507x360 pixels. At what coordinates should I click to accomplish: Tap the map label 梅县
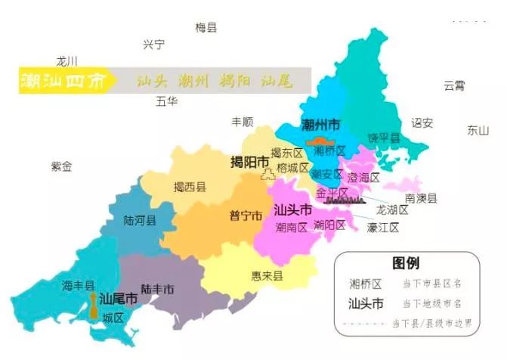206,28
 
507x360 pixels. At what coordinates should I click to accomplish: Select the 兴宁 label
153,45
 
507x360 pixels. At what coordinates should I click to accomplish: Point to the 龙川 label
67,61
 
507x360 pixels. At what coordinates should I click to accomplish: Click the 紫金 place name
61,166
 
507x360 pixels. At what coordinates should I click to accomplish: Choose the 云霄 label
454,85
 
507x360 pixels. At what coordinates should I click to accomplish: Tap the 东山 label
478,129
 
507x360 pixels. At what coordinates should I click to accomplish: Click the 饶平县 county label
383,137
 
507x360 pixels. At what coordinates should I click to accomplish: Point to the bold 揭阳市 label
249,163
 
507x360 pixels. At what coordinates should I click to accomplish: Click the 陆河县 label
140,221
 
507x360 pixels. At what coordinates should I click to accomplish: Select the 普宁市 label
246,216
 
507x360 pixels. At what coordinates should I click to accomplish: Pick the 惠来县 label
267,276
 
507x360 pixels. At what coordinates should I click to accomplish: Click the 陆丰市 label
157,289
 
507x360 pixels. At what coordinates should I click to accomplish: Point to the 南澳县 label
422,198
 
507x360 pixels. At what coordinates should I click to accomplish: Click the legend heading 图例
406,263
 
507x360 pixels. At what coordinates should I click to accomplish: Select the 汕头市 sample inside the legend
366,304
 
